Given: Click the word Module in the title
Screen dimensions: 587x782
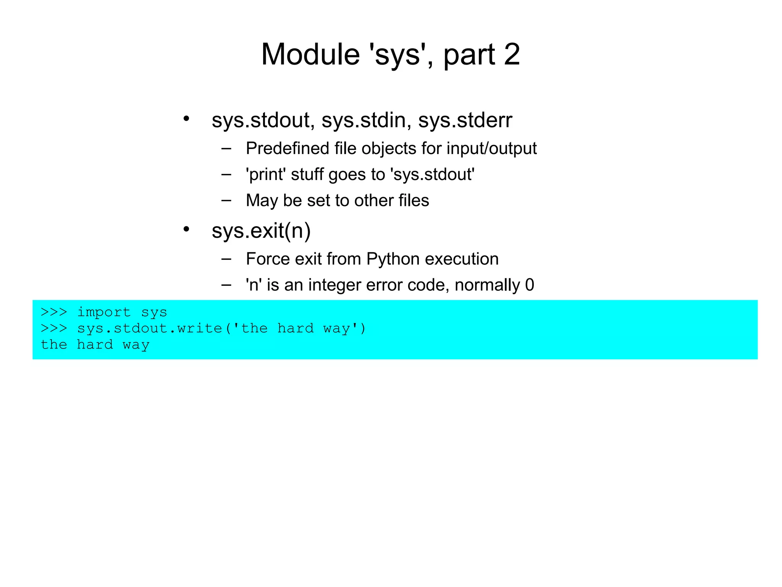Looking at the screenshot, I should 310,54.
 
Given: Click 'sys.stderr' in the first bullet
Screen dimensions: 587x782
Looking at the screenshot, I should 465,120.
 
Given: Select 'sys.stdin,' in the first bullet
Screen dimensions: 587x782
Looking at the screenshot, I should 366,120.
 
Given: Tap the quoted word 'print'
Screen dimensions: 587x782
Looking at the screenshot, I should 266,175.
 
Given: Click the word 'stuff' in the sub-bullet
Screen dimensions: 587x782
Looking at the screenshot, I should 307,175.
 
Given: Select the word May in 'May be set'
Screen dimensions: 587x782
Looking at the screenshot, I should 261,201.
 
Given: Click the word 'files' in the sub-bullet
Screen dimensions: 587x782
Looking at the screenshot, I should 414,201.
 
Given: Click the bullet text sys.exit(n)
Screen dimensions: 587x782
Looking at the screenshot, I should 261,231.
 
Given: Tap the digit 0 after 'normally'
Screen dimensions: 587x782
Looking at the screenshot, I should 529,285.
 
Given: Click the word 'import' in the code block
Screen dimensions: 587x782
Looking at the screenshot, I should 104,312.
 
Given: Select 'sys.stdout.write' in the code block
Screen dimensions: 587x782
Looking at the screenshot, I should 150,329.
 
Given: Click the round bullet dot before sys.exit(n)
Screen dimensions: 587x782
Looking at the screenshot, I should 186,229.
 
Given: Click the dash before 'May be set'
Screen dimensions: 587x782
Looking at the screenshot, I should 226,200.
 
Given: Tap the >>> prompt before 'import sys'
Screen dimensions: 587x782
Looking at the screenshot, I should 54,312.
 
